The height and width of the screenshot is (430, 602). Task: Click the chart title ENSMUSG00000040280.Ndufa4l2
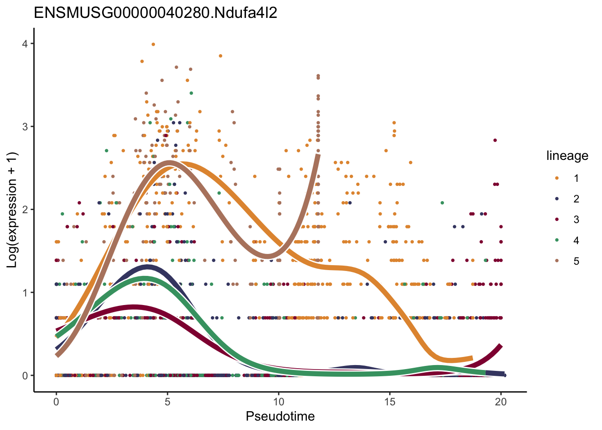click(x=155, y=13)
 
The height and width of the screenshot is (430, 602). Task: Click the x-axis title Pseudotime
click(x=280, y=417)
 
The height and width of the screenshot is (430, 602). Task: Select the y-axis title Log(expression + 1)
click(x=12, y=210)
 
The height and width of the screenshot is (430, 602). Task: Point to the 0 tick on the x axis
click(x=56, y=402)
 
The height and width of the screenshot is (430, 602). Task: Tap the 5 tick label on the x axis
click(x=168, y=402)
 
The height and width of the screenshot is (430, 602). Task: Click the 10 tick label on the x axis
click(x=279, y=402)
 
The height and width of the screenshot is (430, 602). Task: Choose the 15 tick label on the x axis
click(x=390, y=402)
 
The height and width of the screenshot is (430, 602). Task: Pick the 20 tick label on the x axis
click(x=501, y=402)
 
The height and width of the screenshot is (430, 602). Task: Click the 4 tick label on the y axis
click(x=25, y=44)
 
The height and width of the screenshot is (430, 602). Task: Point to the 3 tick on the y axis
click(x=25, y=127)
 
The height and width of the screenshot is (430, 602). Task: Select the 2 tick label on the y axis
click(x=25, y=210)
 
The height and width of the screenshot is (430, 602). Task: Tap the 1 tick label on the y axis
click(x=25, y=292)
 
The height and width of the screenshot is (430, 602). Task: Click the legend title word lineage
click(x=567, y=156)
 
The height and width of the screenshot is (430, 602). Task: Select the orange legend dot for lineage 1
click(x=557, y=178)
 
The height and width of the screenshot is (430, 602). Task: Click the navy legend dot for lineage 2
click(x=557, y=199)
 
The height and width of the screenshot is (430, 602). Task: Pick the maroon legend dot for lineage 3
click(x=557, y=219)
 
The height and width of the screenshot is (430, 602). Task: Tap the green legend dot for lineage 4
click(x=557, y=241)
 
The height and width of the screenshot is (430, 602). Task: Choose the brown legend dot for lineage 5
click(x=557, y=261)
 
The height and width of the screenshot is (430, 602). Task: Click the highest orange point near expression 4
click(x=153, y=44)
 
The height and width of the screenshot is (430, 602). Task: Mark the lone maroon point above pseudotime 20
click(x=495, y=140)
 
